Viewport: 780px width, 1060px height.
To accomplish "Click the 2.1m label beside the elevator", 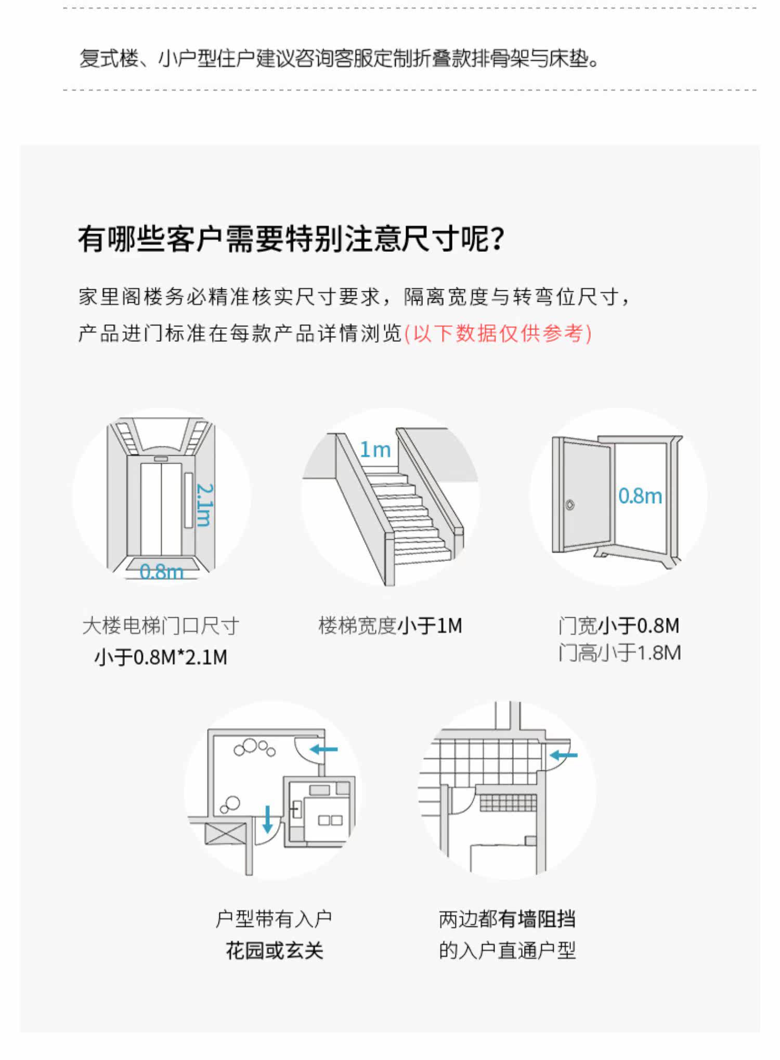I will (204, 505).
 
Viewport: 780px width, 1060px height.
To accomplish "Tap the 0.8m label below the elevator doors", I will (161, 572).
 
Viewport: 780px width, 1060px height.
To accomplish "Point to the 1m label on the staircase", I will (375, 450).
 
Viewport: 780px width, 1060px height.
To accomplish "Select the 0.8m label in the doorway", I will (640, 496).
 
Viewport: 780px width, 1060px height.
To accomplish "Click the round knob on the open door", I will (570, 505).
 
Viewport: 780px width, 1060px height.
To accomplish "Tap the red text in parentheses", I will (498, 334).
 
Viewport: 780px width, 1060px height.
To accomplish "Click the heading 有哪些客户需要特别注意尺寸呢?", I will (291, 239).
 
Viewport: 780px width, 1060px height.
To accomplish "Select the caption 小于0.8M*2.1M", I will (161, 657).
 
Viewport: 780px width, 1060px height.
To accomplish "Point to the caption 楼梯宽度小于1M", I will (390, 625).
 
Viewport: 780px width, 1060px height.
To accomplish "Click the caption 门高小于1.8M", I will (619, 653).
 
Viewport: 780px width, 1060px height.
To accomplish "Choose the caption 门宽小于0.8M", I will (619, 625).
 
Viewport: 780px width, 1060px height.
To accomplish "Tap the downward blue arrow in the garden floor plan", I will (268, 819).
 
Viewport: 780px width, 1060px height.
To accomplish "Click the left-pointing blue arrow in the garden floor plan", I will (323, 749).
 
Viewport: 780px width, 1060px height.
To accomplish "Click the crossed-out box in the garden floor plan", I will (222, 835).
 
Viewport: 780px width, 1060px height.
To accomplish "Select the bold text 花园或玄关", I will (274, 951).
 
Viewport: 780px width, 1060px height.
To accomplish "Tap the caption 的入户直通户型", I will (507, 951).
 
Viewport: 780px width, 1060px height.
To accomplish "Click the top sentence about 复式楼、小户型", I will (340, 58).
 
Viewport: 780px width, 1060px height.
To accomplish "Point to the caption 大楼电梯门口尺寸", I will (161, 625).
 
